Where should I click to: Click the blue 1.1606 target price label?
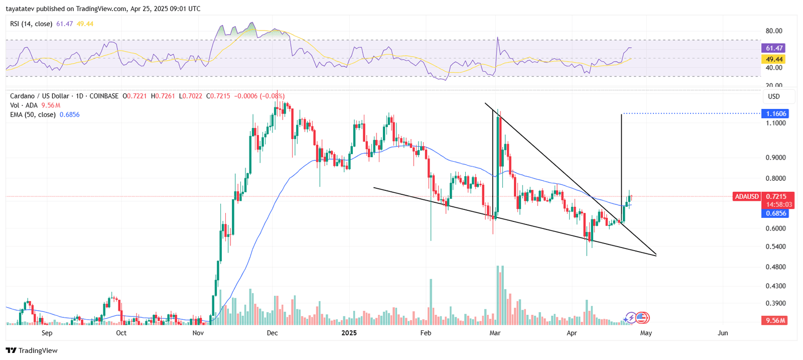coord(775,113)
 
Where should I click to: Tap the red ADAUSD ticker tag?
coord(747,196)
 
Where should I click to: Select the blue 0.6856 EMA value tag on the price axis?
coord(775,213)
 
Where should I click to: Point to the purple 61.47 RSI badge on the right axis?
coord(774,48)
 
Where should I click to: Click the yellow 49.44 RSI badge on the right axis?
coord(774,59)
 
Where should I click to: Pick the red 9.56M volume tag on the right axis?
coord(775,320)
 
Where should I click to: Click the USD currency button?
coord(774,96)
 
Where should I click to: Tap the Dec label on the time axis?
coord(273,333)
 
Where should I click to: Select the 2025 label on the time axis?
coord(349,333)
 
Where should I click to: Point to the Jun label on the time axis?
coord(723,333)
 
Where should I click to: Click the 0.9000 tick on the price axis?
coord(775,158)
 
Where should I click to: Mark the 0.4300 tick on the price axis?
coord(775,286)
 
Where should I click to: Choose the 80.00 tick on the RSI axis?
coord(774,31)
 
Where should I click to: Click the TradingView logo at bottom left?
coord(32,350)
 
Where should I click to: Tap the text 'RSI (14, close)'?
coord(31,24)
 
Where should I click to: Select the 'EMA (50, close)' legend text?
coord(33,114)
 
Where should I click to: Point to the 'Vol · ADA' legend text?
coord(24,105)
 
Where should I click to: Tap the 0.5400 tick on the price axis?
coord(775,247)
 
